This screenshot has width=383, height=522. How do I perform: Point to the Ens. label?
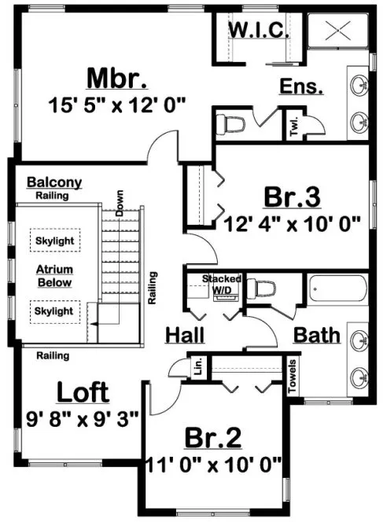[x=302, y=86]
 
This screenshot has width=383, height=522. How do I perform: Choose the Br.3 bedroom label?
[x=292, y=196]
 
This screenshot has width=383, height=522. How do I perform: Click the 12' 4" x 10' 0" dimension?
[x=291, y=222]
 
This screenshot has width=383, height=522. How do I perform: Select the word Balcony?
[x=53, y=182]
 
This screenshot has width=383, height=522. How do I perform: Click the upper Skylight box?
[x=53, y=238]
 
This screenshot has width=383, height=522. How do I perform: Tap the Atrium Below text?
[x=53, y=274]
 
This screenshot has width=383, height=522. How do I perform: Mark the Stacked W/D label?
[x=222, y=285]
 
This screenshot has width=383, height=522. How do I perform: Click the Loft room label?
[x=82, y=392]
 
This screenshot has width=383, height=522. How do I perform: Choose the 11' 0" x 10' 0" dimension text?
[x=213, y=464]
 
